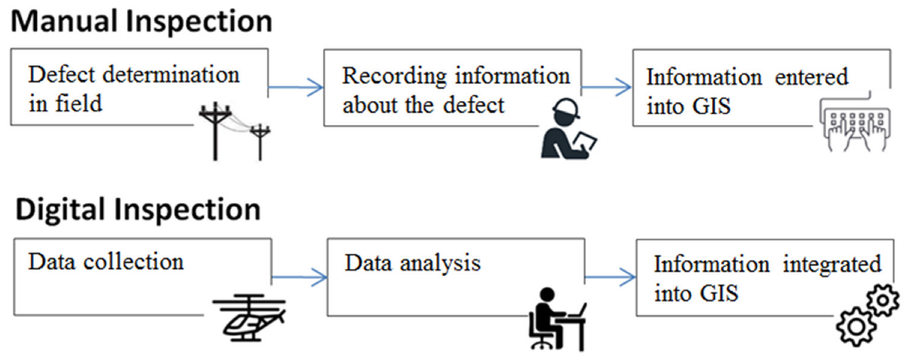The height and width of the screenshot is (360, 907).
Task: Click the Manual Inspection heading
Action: [141, 22]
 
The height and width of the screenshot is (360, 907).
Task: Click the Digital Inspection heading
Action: [138, 209]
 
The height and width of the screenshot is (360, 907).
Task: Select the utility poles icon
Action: [233, 131]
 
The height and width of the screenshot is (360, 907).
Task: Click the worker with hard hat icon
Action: [568, 129]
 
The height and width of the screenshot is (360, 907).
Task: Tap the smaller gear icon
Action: [883, 300]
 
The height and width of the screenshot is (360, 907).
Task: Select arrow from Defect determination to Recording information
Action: [296, 87]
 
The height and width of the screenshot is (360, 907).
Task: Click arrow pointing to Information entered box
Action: [606, 87]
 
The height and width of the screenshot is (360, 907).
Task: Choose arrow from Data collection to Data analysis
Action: [299, 277]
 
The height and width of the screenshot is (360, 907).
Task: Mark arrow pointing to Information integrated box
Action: [610, 277]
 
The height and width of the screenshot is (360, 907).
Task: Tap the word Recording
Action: [394, 77]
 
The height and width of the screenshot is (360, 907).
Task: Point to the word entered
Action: [811, 77]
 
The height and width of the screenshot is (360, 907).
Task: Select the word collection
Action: [133, 262]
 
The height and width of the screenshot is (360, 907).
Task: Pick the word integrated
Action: [832, 265]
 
